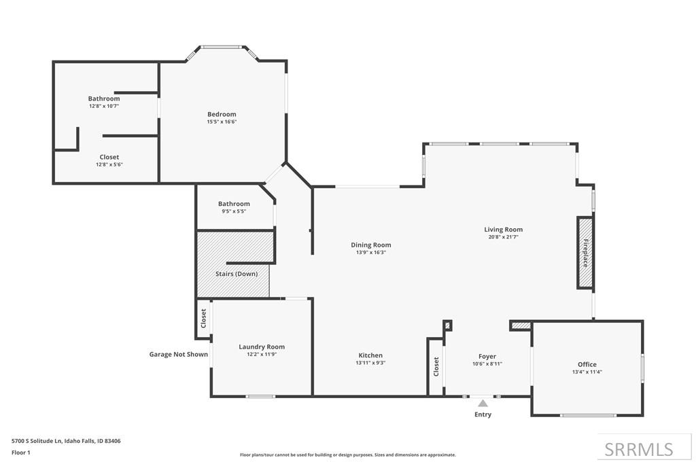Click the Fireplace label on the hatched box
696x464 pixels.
coord(585,253)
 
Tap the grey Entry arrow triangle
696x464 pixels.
coord(483,404)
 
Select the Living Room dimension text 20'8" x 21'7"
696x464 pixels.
coord(504,237)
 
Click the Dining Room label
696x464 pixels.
coord(371,245)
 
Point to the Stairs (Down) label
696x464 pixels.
coord(237,274)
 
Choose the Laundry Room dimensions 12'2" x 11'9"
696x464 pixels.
coord(262,355)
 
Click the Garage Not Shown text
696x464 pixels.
coord(179,354)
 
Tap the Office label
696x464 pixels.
coord(587,364)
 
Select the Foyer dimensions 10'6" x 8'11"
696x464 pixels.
coord(487,363)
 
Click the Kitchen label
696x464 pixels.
coord(370,355)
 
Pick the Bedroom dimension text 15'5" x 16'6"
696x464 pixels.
coord(222,122)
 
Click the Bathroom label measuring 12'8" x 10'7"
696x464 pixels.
coord(104,99)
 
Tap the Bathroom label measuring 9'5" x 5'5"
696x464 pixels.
coord(234,204)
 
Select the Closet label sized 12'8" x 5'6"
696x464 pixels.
coord(109,157)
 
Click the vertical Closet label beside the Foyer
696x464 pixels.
coord(436,366)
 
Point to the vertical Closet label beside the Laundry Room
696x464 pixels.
coord(203,318)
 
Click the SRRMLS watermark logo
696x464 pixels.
coord(639,449)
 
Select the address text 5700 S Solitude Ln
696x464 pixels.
coord(37,441)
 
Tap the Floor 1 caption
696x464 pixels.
coord(21,452)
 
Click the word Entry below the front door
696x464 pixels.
coord(483,414)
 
